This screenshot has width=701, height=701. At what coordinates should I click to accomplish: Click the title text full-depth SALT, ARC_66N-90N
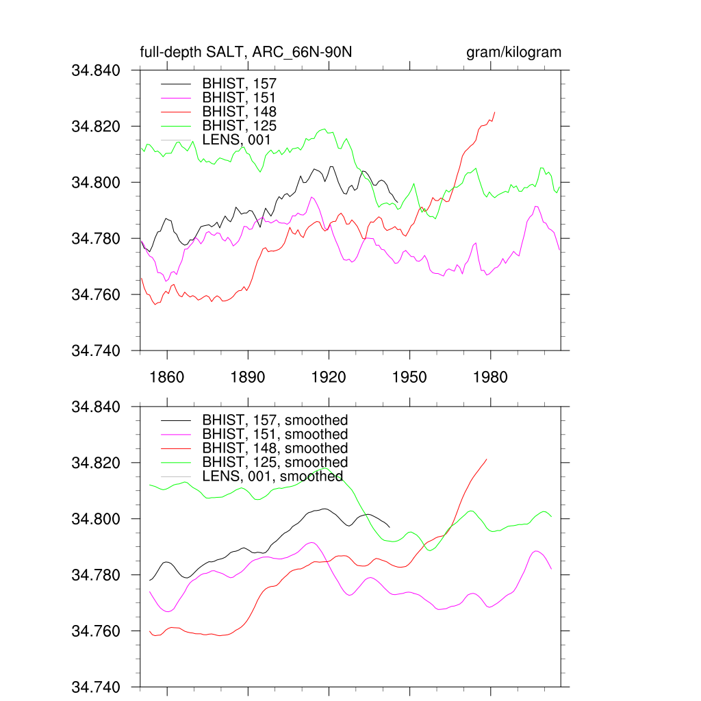point(246,53)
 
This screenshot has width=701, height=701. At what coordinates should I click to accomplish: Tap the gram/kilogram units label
point(513,53)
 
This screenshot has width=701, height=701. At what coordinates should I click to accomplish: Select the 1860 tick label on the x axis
point(166,377)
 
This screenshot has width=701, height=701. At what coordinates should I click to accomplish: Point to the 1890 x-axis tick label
point(248,377)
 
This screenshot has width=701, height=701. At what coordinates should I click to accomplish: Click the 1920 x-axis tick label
point(329,377)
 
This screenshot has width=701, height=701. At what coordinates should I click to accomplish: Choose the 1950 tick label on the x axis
point(409,377)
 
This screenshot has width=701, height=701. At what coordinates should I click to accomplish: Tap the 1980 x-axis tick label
point(490,377)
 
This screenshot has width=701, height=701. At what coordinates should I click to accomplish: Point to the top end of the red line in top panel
point(495,112)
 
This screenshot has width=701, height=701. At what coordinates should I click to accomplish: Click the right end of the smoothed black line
point(390,526)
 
